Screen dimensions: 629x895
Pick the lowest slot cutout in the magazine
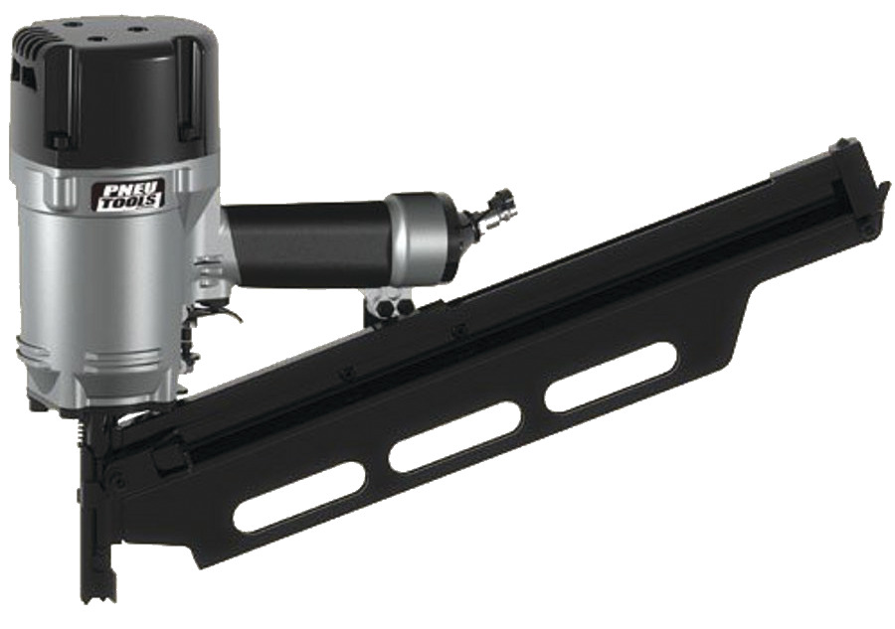(299, 496)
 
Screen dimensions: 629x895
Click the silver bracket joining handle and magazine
(392, 304)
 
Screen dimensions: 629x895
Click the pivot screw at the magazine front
(118, 481)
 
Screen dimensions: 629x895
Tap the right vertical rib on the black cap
(188, 89)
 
